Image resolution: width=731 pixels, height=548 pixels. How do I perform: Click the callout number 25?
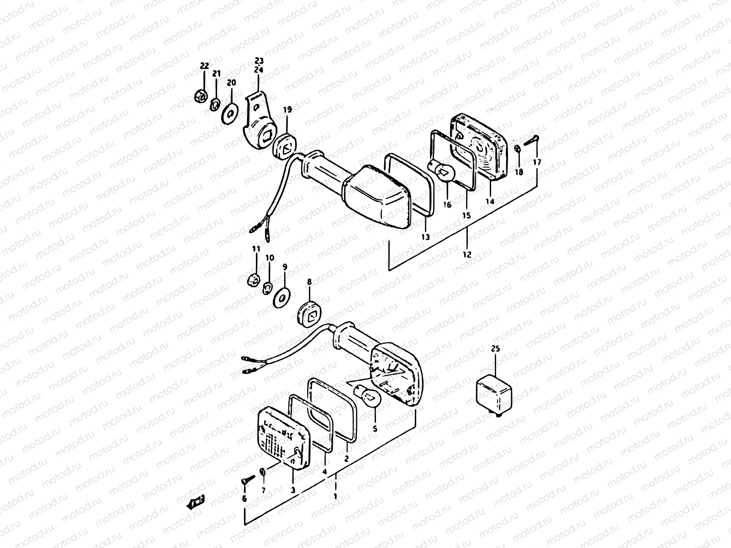pyautogui.click(x=496, y=349)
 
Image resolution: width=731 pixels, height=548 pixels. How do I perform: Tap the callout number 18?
pyautogui.click(x=519, y=172)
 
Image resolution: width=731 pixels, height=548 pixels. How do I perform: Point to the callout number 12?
pyautogui.click(x=466, y=255)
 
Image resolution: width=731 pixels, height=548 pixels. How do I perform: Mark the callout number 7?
pyautogui.click(x=263, y=490)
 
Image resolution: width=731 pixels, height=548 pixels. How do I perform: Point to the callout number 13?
pyautogui.click(x=425, y=237)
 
